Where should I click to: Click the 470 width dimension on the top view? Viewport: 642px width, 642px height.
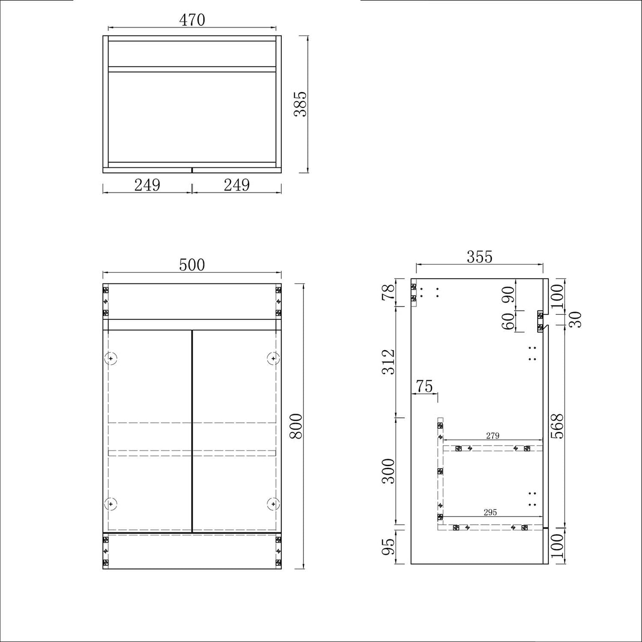point(192,20)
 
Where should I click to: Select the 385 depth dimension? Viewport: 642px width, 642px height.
point(301,104)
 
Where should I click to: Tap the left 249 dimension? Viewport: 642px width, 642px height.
point(147,185)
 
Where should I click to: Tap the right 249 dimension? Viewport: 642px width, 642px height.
point(236,185)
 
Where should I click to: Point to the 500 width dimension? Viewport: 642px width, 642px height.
point(192,265)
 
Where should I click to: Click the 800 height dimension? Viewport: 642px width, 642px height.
point(296,426)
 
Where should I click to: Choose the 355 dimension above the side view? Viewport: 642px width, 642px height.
point(479,257)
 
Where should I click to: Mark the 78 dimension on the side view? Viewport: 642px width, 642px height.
point(388,292)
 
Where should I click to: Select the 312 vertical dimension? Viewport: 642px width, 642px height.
point(388,362)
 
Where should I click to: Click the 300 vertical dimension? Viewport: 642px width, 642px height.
point(388,471)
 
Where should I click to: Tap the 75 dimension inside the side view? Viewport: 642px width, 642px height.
point(424,387)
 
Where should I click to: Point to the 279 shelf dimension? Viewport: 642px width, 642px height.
point(492,436)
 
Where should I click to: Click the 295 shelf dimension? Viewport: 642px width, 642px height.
point(490,512)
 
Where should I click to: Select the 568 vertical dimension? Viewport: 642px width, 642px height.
point(557,426)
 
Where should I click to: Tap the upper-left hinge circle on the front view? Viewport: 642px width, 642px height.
point(111,358)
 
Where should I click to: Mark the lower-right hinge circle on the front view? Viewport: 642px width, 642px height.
point(273,504)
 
